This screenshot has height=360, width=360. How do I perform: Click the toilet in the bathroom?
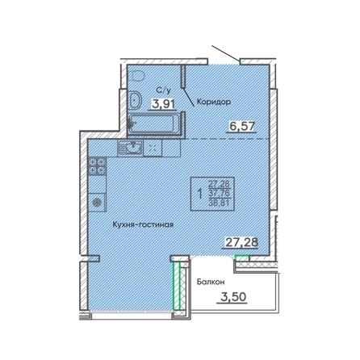(138, 76)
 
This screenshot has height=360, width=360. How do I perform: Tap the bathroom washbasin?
(135, 99)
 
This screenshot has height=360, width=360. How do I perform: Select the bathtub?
(154, 123)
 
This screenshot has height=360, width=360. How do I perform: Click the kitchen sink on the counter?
(130, 148)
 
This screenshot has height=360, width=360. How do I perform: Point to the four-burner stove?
(97, 165)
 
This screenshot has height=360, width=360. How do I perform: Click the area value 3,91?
(163, 103)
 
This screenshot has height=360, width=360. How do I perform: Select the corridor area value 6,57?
(241, 125)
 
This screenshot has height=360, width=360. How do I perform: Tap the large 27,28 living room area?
(241, 242)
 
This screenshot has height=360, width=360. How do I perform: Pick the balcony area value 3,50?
(233, 297)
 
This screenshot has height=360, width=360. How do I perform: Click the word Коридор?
(214, 102)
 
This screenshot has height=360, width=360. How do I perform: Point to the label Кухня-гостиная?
(143, 224)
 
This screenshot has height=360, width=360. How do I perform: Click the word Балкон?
(211, 282)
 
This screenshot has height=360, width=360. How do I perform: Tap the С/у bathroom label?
(164, 90)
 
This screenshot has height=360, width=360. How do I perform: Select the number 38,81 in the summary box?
(219, 203)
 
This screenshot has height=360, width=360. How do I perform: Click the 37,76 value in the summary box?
(219, 194)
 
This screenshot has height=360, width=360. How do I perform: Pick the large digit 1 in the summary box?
(200, 194)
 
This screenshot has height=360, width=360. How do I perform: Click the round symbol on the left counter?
(97, 203)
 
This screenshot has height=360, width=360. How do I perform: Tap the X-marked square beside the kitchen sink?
(153, 148)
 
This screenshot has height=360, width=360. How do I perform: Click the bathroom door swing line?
(188, 97)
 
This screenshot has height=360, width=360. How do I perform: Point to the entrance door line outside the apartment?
(225, 53)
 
